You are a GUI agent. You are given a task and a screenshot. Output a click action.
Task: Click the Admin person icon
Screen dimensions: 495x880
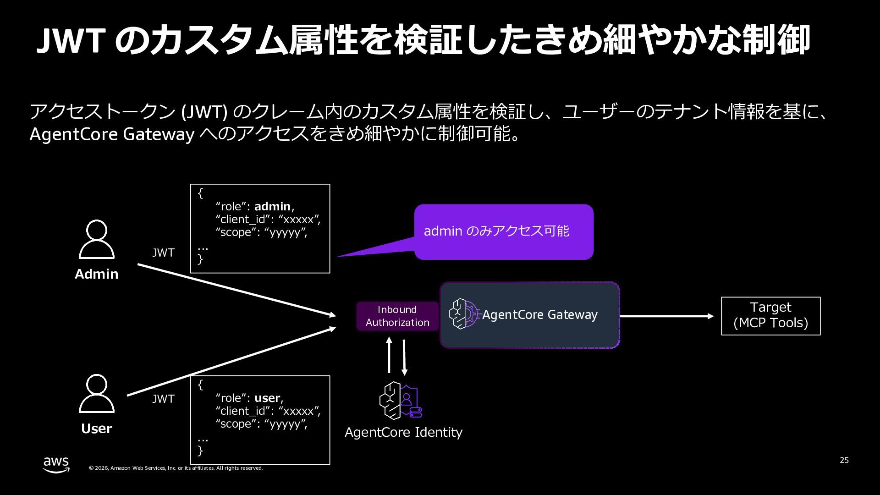96,239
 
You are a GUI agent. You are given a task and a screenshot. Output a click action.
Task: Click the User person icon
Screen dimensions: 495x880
96,394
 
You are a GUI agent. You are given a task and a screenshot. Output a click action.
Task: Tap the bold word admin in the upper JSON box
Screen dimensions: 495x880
272,207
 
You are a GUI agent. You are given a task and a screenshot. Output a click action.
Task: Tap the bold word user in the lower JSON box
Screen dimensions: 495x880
267,398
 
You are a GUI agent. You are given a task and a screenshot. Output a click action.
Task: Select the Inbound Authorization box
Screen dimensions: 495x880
397,316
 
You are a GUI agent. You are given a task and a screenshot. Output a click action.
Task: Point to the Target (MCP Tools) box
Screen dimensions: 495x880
770,316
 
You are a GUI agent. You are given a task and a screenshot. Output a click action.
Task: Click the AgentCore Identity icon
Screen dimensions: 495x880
400,401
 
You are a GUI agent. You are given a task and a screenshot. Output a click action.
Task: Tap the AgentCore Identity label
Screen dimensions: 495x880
403,432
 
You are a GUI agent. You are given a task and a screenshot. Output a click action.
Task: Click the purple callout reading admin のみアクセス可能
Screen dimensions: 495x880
503,231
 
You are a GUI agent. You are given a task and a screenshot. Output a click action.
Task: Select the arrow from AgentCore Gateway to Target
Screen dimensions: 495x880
666,316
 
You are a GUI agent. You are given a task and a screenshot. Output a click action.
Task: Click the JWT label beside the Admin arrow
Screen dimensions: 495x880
163,253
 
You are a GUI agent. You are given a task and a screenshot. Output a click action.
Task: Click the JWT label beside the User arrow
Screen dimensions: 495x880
163,399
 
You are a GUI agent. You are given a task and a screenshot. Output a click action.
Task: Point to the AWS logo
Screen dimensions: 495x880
56,464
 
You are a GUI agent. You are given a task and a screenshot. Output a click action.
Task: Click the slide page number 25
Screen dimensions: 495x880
844,460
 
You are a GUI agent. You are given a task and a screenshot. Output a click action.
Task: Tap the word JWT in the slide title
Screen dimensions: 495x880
71,40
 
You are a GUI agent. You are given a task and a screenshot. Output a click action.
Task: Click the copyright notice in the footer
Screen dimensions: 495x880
176,468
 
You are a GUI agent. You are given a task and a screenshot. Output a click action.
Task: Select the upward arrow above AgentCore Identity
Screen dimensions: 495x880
389,356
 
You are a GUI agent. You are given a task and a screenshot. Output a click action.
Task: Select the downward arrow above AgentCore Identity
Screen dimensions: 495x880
404,357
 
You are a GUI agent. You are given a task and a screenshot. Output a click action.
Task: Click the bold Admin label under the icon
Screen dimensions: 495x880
96,274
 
